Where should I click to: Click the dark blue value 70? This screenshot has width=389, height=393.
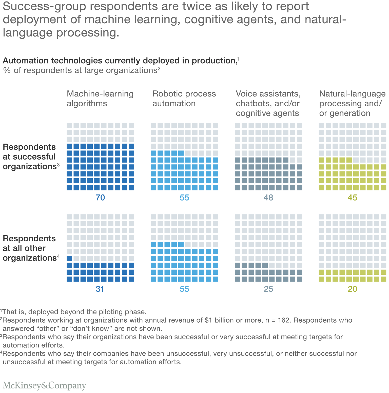100,198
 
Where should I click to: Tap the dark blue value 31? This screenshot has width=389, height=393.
100,289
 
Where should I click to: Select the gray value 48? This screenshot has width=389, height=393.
268,198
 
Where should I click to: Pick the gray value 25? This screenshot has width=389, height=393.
268,289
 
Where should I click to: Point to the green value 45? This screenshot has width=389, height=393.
352,198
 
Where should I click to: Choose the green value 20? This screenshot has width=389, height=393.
352,289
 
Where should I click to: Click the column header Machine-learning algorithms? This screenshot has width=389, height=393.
100,99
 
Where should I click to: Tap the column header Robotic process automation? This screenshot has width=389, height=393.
184,99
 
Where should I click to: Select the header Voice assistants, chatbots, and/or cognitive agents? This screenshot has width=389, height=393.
268,103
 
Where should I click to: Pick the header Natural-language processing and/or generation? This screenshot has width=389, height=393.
352,103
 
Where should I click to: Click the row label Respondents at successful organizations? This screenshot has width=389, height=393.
30,157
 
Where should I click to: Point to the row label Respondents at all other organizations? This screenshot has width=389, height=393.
30,248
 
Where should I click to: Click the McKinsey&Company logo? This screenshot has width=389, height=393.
45,385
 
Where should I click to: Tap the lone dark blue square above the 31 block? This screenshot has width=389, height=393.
69,258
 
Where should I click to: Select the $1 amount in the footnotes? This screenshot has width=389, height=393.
208,320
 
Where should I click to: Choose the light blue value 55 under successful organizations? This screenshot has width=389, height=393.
184,198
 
